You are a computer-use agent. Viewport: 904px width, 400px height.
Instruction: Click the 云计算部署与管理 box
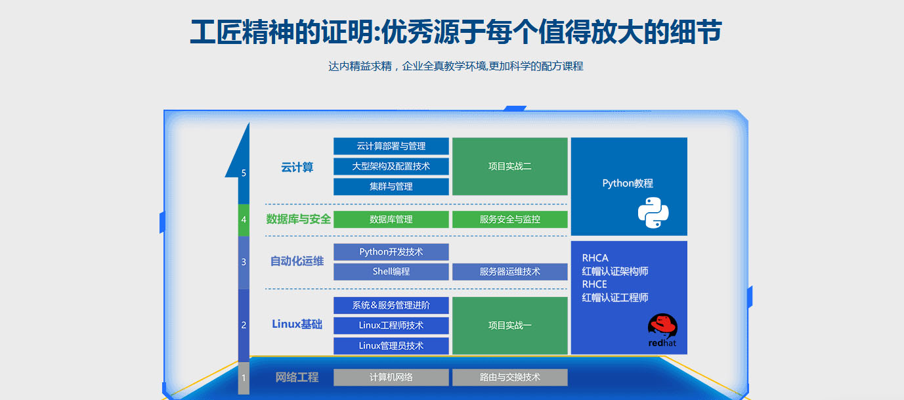(391, 146)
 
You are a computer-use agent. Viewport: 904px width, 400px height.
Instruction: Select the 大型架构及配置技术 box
(391, 166)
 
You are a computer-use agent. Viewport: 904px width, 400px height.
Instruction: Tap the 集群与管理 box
(391, 187)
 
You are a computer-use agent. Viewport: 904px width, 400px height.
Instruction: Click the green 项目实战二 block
(509, 166)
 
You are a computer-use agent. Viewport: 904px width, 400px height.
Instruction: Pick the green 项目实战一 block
(509, 326)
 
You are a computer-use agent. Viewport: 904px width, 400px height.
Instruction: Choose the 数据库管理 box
(391, 219)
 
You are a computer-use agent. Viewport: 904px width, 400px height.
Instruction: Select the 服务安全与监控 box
(509, 219)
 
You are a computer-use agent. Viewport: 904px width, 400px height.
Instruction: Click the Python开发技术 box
(391, 252)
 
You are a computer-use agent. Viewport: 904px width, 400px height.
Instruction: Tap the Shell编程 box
(391, 272)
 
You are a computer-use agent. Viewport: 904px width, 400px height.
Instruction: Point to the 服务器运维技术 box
(509, 272)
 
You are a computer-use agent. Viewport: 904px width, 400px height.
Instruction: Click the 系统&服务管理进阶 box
(391, 305)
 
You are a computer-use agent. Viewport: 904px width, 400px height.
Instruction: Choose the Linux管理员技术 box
(391, 346)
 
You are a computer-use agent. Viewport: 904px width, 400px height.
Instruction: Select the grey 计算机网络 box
(391, 378)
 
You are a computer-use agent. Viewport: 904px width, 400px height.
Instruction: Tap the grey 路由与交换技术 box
(509, 378)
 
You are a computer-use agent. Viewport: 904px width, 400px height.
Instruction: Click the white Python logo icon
(653, 213)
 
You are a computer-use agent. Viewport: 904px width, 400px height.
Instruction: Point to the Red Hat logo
(662, 330)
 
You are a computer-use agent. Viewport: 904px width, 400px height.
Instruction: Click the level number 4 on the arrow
(244, 219)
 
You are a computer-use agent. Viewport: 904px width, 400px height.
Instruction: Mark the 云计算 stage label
(297, 167)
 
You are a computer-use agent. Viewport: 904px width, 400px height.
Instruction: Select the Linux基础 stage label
(297, 324)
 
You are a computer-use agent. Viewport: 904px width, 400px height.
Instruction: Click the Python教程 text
(628, 184)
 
